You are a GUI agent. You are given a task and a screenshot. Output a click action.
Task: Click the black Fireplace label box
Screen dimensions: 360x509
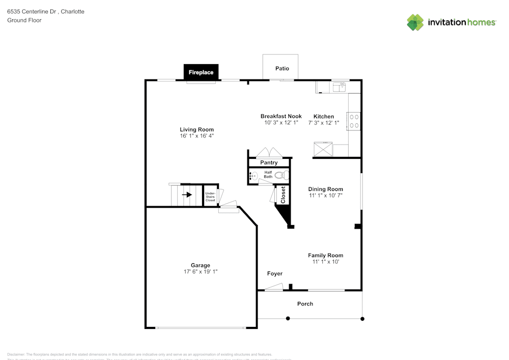tap(201, 72)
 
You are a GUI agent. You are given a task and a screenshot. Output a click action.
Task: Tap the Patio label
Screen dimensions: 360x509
tap(282, 68)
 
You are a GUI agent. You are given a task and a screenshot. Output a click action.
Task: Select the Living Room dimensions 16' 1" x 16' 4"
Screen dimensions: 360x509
tap(196, 136)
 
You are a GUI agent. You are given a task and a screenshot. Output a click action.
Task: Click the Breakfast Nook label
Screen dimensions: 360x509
tap(281, 116)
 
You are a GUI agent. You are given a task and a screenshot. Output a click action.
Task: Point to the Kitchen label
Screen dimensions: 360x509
tap(324, 116)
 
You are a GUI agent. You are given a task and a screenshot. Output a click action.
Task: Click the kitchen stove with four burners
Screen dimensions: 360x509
tap(354, 121)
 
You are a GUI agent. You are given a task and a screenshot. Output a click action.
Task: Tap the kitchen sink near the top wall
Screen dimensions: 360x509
tap(340, 88)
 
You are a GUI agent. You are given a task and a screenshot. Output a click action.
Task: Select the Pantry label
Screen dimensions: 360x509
tap(269, 162)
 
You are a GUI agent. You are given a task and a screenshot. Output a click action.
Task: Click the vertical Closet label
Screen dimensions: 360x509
tap(284, 195)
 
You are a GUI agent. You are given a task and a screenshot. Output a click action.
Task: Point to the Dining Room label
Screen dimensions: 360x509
tap(326, 189)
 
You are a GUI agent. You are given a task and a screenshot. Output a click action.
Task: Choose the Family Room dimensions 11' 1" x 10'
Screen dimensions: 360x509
tap(326, 262)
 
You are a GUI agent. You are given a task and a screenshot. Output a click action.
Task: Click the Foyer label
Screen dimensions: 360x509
tap(275, 273)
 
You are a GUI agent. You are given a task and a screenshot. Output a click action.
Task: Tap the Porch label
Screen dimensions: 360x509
tap(305, 303)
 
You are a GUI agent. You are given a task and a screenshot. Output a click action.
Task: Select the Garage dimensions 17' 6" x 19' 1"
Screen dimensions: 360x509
tap(201, 272)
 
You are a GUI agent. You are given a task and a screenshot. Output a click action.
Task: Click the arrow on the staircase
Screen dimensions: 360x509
tap(187, 195)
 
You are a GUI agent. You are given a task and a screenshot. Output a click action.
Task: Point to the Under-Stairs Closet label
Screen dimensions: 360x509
tap(210, 197)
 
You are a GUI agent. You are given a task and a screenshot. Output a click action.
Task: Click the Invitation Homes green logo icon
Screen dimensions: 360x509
tap(415, 22)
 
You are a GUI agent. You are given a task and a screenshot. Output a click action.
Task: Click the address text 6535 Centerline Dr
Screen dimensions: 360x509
tap(32, 11)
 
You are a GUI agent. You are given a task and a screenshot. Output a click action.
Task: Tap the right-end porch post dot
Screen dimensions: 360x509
tap(362, 319)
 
